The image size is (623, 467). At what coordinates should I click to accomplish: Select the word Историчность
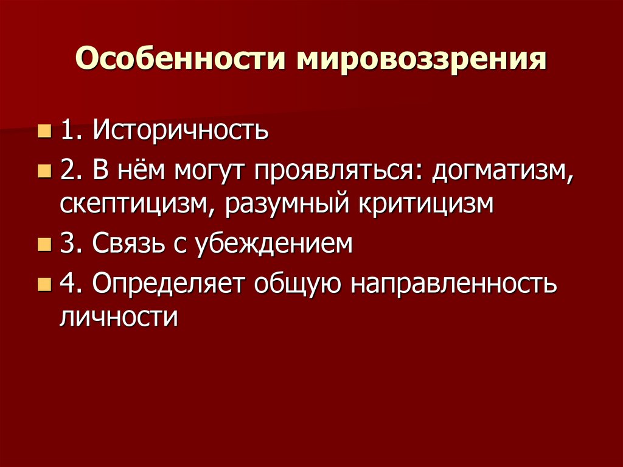(181, 130)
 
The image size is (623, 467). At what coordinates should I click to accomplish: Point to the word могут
(206, 173)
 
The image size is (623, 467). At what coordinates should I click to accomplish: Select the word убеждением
(267, 245)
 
